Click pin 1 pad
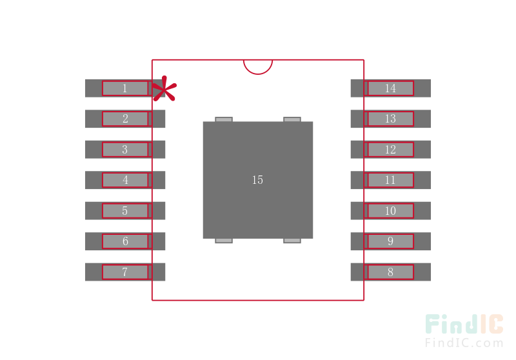pyautogui.click(x=125, y=88)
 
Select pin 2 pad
pyautogui.click(x=125, y=119)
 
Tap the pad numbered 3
pyautogui.click(x=125, y=150)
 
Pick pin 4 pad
pyautogui.click(x=125, y=180)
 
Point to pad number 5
pyautogui.click(x=125, y=210)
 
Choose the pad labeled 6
pyautogui.click(x=125, y=241)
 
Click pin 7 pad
pyautogui.click(x=125, y=272)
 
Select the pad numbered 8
pyautogui.click(x=391, y=272)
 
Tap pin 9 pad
pyautogui.click(x=391, y=241)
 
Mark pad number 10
pyautogui.click(x=391, y=210)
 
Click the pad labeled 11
pyautogui.click(x=391, y=180)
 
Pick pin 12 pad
pyautogui.click(x=391, y=150)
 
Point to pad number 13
pyautogui.click(x=391, y=119)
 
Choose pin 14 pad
pyautogui.click(x=391, y=88)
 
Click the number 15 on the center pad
pyautogui.click(x=257, y=180)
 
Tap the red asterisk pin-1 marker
pyautogui.click(x=164, y=89)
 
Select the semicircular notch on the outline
pyautogui.click(x=258, y=74)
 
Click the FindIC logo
pyautogui.click(x=464, y=324)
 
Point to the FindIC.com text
pyautogui.click(x=464, y=343)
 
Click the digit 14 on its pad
pyautogui.click(x=391, y=88)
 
